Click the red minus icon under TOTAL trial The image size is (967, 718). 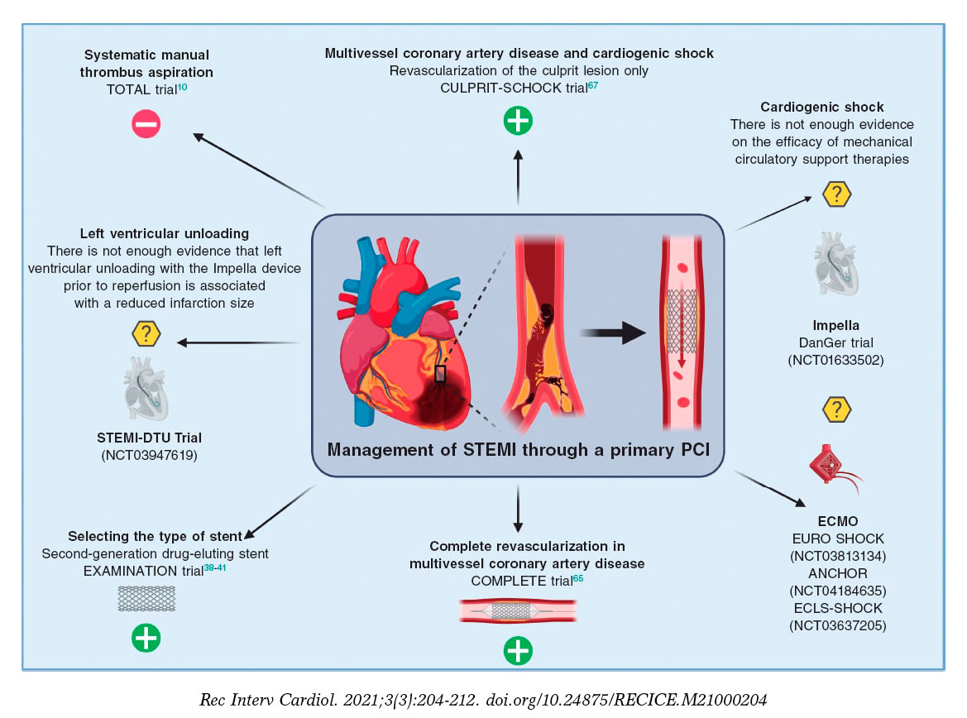146,124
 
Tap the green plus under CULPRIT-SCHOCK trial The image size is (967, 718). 519,121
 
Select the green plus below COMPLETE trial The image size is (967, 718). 519,650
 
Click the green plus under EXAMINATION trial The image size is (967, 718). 146,638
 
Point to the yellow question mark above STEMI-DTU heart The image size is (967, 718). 146,335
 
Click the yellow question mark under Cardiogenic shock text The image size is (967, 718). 836,194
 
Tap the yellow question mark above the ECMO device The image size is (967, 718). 836,409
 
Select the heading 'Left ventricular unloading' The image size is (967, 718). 165,234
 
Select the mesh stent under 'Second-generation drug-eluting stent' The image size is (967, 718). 146,597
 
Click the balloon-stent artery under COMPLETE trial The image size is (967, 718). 519,610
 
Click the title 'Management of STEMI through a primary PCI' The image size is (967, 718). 518,452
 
